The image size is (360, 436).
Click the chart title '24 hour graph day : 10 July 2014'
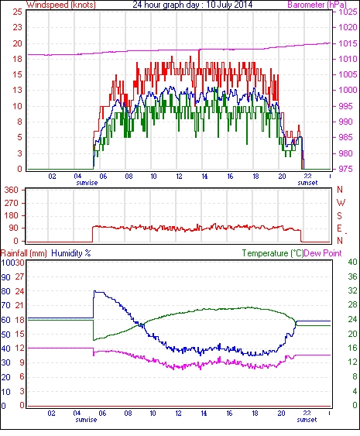click(x=192, y=5)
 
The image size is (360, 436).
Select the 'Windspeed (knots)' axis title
click(x=61, y=5)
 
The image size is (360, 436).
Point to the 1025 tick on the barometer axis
click(x=348, y=12)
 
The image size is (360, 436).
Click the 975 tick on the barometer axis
click(x=346, y=169)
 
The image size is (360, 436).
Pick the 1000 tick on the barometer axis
click(x=348, y=90)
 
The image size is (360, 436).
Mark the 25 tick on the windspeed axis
click(x=18, y=12)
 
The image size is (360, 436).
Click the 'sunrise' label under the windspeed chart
click(x=87, y=183)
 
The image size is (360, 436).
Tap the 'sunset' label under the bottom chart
click(x=307, y=419)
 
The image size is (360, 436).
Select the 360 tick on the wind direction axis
click(x=12, y=190)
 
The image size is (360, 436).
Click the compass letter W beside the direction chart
click(x=341, y=203)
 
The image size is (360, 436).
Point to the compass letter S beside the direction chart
click(x=339, y=215)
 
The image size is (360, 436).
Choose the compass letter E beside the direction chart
click(x=339, y=228)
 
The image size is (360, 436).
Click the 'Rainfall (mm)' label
click(x=24, y=253)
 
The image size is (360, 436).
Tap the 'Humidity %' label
click(x=71, y=253)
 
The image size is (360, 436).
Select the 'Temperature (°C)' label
click(x=273, y=253)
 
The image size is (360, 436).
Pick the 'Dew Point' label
click(x=323, y=253)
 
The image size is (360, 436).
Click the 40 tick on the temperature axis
click(x=352, y=262)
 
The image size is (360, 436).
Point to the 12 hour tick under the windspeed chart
click(x=179, y=177)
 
